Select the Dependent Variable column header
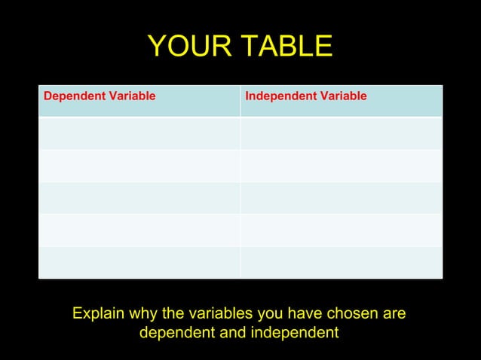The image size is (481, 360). [100, 96]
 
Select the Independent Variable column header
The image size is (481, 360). [306, 96]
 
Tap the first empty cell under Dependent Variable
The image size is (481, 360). [139, 133]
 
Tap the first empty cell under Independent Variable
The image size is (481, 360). [341, 133]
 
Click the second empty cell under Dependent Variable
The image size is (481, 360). [139, 166]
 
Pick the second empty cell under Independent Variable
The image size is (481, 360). [341, 166]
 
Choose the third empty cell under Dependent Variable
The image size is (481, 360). [139, 198]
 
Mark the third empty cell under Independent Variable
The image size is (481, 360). [341, 198]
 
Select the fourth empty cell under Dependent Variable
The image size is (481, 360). [139, 230]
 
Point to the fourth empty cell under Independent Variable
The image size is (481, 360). [341, 230]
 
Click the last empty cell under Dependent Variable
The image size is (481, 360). [139, 262]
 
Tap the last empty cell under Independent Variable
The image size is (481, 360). [341, 262]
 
